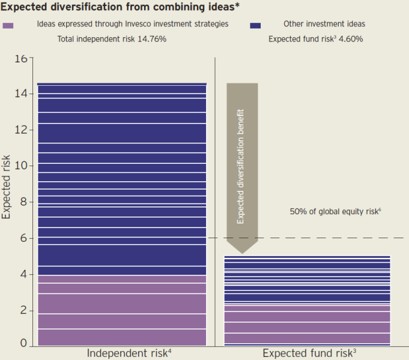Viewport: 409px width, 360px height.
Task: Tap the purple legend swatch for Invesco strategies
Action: (x=8, y=25)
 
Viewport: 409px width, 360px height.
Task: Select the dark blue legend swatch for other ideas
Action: (x=255, y=25)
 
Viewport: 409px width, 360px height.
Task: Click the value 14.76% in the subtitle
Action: (x=152, y=39)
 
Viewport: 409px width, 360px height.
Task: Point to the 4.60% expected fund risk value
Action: (x=351, y=39)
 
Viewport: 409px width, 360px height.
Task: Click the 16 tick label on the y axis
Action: (x=21, y=59)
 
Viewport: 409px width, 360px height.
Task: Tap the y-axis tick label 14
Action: (x=21, y=94)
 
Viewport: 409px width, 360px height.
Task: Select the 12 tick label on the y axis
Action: (x=21, y=130)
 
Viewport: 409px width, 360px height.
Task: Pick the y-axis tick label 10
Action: (x=21, y=166)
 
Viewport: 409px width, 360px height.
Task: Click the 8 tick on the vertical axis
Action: (x=24, y=202)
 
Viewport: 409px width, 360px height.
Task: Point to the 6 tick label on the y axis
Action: (x=24, y=238)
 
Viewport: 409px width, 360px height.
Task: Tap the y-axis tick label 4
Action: (x=24, y=274)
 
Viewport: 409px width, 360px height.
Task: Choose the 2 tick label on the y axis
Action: (x=24, y=310)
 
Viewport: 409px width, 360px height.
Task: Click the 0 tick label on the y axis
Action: (x=24, y=343)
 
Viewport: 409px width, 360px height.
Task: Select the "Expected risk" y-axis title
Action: (x=6, y=187)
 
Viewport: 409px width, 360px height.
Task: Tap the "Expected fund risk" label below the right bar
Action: (x=309, y=353)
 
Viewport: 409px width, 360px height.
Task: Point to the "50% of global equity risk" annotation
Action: (x=336, y=211)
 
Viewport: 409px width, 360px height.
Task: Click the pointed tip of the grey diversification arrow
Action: (x=242, y=253)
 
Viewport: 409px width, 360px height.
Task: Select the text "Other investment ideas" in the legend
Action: (x=324, y=24)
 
